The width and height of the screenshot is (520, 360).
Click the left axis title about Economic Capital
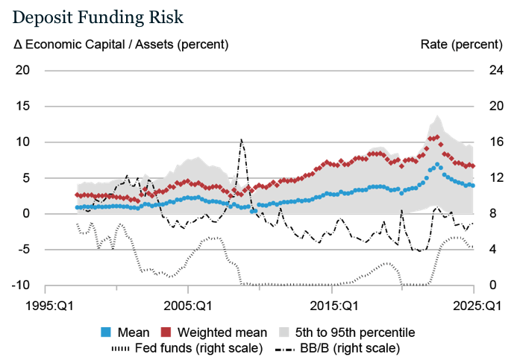122,45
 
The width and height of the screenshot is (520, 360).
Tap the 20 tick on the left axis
22,70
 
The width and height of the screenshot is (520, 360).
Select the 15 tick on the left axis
22,106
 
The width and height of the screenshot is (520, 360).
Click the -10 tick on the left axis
20,285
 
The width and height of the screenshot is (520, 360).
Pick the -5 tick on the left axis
22,250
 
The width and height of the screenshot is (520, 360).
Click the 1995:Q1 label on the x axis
46,306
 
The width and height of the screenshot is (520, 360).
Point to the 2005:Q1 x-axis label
188,306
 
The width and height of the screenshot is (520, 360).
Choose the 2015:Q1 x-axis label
331,306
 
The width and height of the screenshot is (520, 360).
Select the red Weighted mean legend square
165,332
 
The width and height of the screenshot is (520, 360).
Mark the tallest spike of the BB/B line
241,139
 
